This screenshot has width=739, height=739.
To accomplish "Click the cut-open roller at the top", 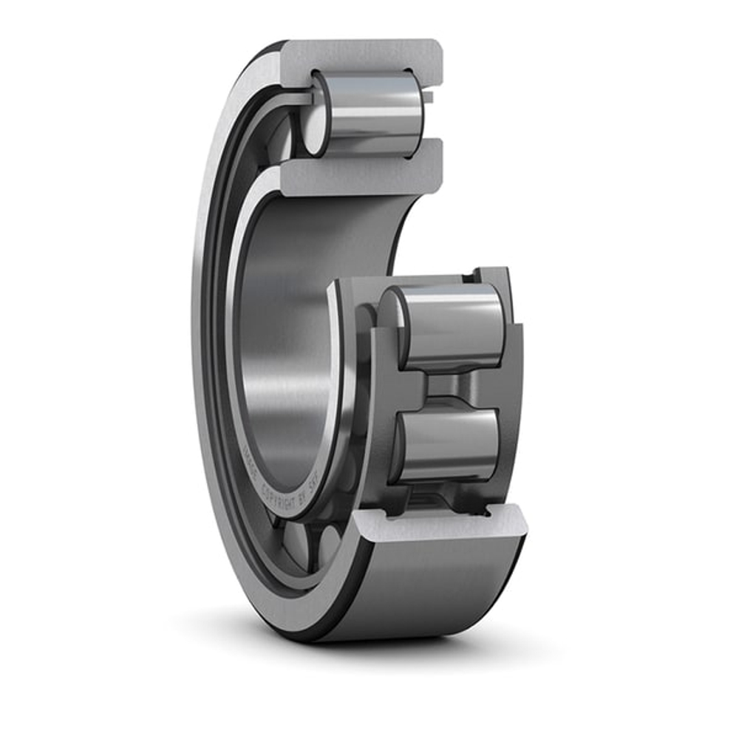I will coord(369,112).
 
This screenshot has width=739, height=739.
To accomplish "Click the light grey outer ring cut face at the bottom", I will coord(443,525).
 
